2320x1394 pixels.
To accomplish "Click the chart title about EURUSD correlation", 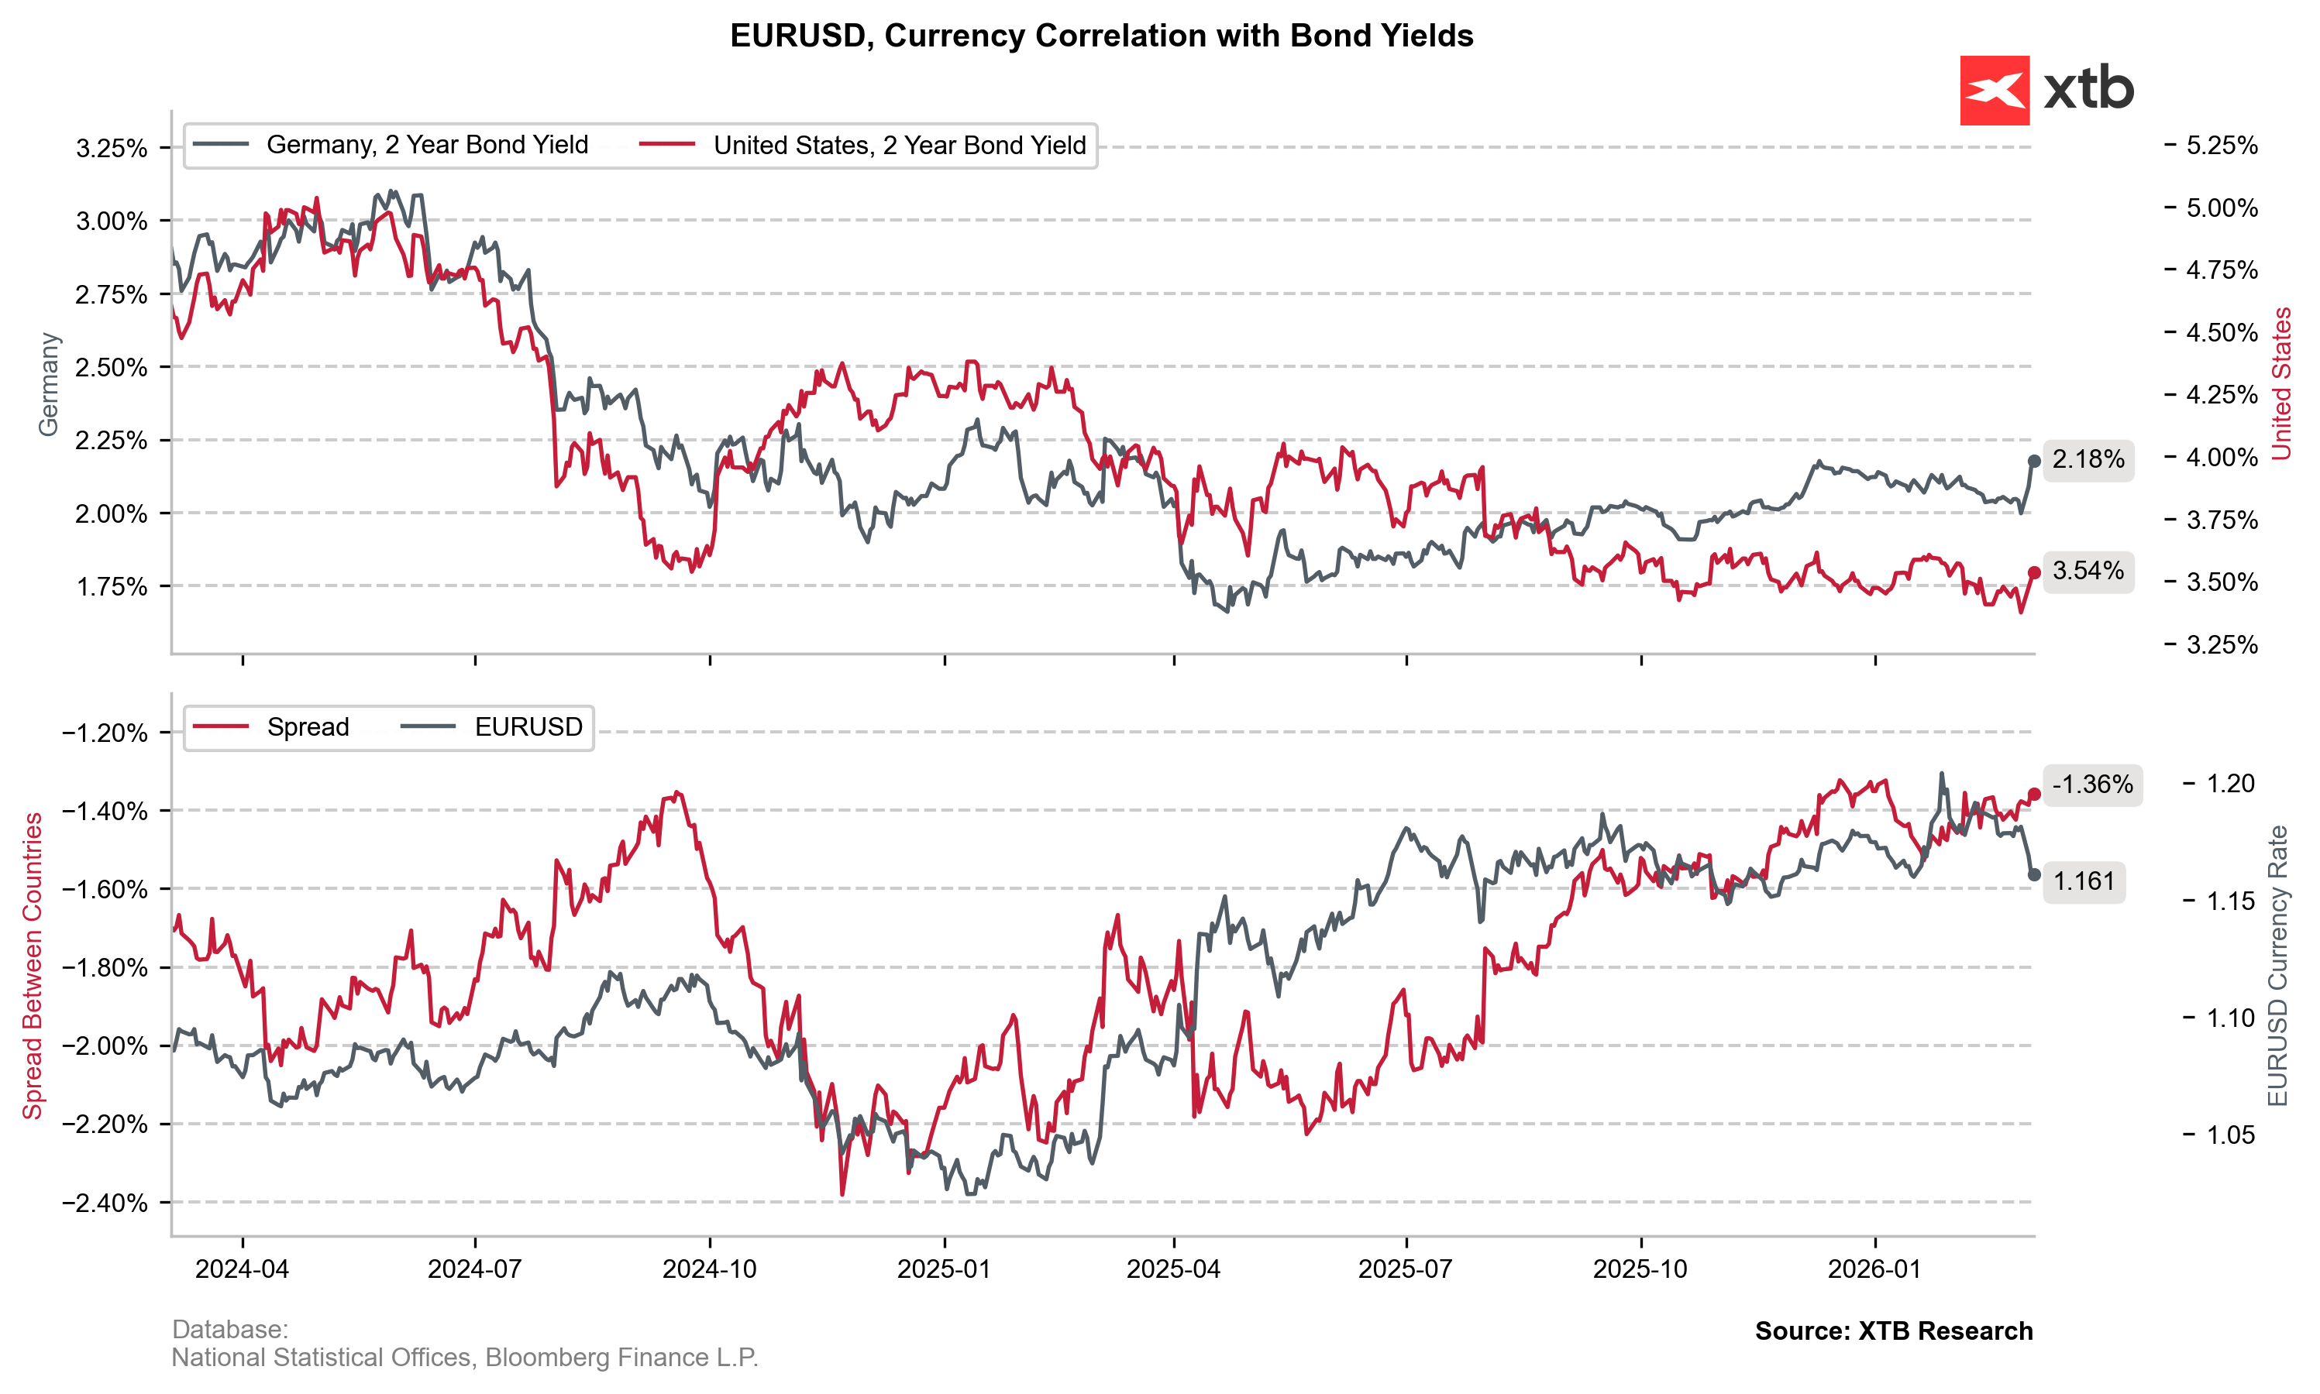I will pyautogui.click(x=1101, y=36).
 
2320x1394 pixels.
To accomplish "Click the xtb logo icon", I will pyautogui.click(x=1994, y=90).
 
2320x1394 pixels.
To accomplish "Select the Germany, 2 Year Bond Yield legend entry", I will pyautogui.click(x=390, y=145).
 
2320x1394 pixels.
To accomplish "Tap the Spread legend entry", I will pyautogui.click(x=270, y=727).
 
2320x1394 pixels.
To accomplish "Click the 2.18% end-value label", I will pyautogui.click(x=2088, y=459).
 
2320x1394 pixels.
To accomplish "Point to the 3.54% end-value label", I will pyautogui.click(x=2088, y=571).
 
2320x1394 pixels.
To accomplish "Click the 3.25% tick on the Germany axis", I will pyautogui.click(x=112, y=149).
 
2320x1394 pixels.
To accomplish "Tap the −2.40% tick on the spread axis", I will pyautogui.click(x=105, y=1203).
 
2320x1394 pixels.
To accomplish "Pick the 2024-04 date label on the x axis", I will pyautogui.click(x=243, y=1269).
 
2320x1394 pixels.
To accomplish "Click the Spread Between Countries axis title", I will pyautogui.click(x=33, y=966).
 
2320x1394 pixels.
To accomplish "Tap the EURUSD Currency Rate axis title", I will pyautogui.click(x=2277, y=966).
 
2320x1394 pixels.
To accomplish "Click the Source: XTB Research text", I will pyautogui.click(x=1893, y=1331).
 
